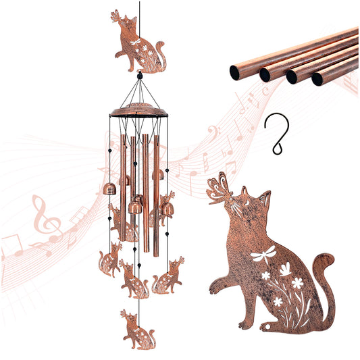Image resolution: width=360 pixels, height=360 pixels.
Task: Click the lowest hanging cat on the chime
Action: click(x=138, y=329)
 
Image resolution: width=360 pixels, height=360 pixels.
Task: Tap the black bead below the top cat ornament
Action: click(x=140, y=76)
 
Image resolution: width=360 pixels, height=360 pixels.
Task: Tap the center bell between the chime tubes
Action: click(x=136, y=207)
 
